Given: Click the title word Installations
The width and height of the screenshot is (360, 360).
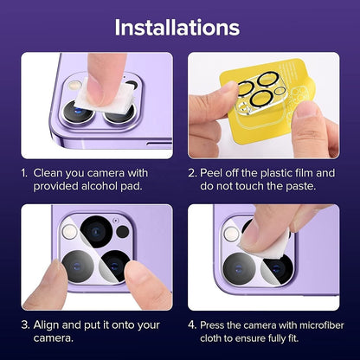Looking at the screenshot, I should [179, 27].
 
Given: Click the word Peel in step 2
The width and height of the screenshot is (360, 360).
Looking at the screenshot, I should [222, 172].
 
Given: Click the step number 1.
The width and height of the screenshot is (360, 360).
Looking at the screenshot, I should [25, 172].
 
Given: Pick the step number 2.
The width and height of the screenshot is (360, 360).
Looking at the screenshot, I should [193, 172].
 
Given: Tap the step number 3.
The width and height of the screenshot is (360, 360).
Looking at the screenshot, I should [25, 325].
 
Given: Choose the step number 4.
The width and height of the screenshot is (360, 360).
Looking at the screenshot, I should [193, 325].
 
